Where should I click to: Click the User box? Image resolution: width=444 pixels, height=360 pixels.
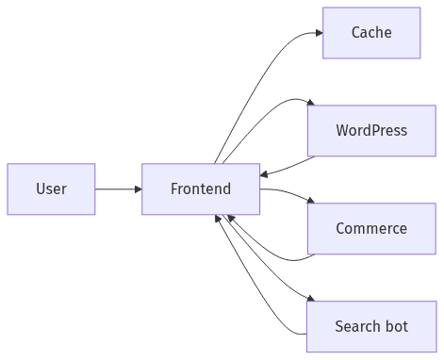[x=51, y=189]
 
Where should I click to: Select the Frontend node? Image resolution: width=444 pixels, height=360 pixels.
[x=200, y=189]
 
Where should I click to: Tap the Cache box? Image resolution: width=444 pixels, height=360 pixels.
[x=370, y=33]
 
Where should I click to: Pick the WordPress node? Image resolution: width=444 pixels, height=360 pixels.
[x=370, y=130]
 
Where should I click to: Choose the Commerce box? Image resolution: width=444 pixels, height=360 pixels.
[x=370, y=228]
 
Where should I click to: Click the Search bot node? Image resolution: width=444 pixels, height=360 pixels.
[x=370, y=327]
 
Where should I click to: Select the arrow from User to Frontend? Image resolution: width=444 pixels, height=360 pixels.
[x=117, y=189]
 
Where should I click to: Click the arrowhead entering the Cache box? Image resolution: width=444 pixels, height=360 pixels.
[x=318, y=33]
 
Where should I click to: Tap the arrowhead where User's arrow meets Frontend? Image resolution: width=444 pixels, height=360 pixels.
[x=138, y=189]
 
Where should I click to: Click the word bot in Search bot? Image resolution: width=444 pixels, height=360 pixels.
[x=396, y=327]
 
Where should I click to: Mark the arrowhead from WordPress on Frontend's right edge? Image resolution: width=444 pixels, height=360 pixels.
[x=264, y=175]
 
